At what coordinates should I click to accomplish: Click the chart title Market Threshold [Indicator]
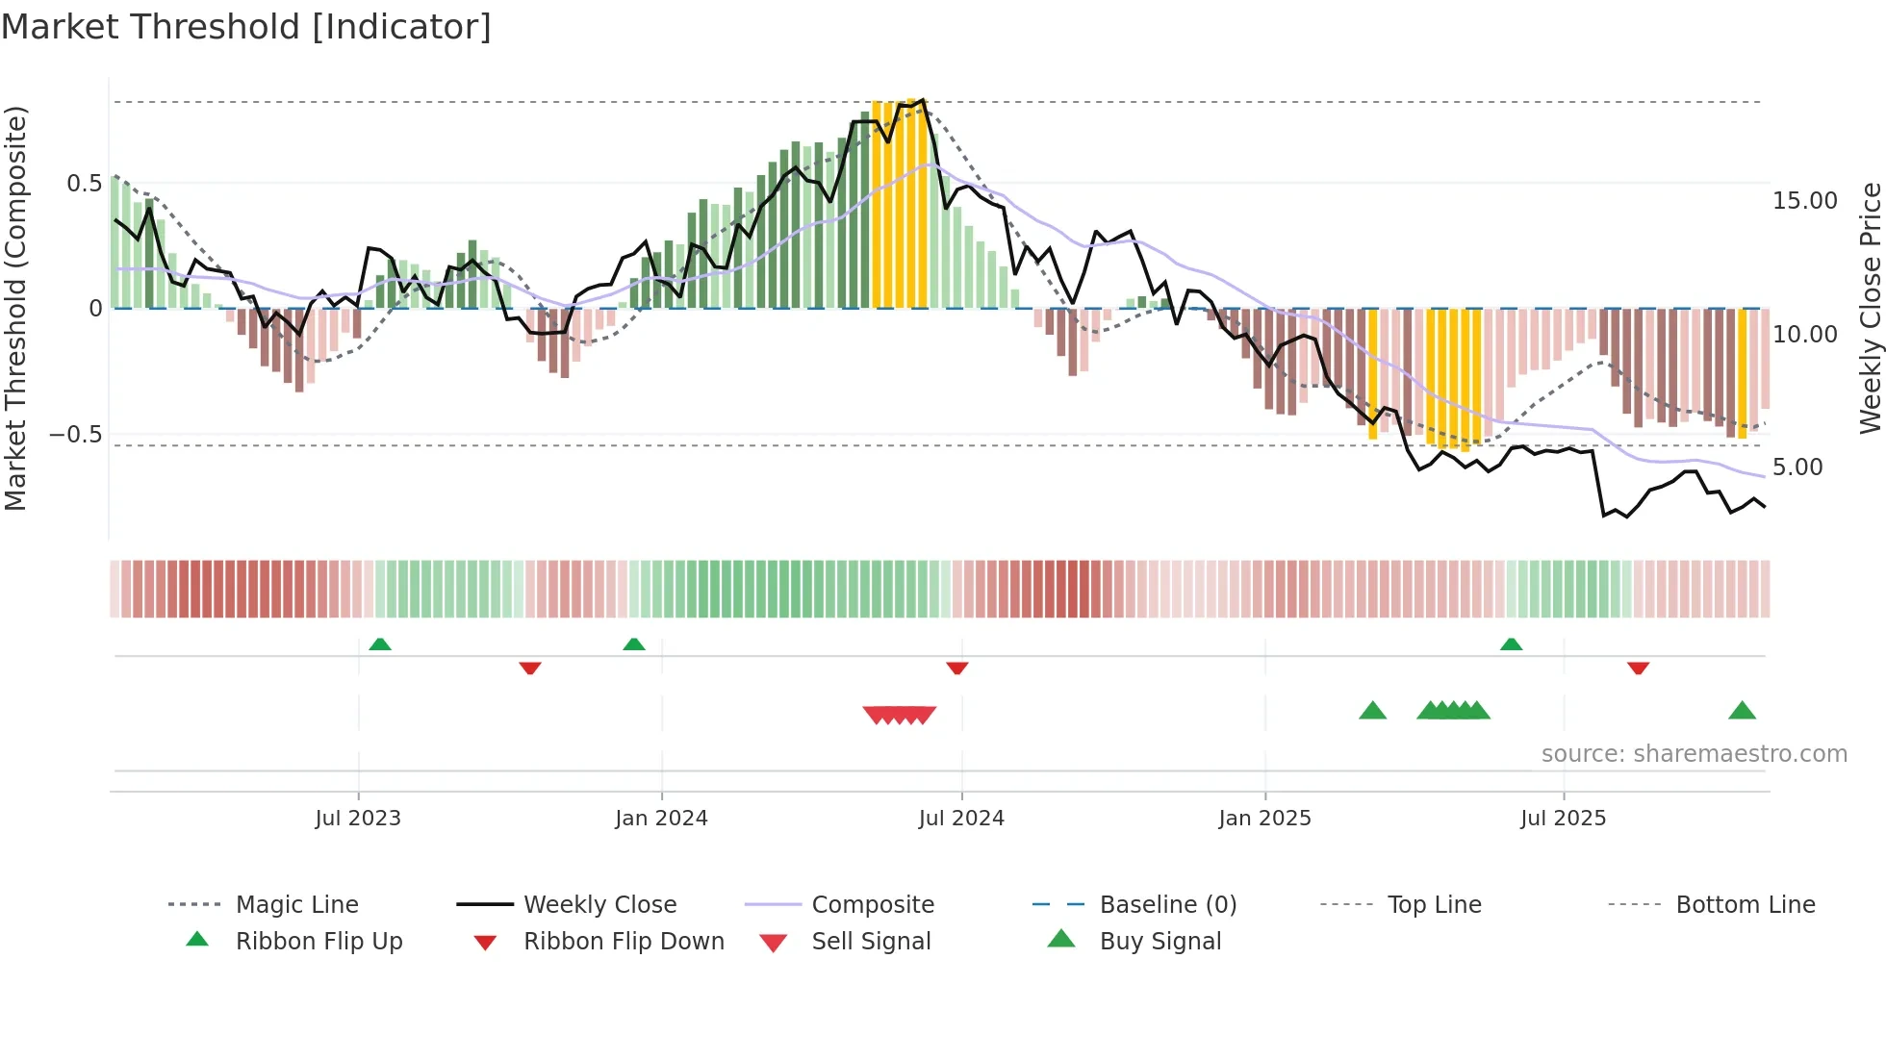pos(246,27)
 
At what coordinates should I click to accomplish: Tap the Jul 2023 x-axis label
pos(358,819)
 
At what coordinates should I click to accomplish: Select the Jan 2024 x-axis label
pos(661,819)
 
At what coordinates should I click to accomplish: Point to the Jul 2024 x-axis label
pos(961,819)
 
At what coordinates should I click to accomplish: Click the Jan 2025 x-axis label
pos(1264,819)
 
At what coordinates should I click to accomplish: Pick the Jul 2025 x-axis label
pos(1564,819)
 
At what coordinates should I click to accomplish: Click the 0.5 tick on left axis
pos(84,184)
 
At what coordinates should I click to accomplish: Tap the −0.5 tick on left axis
pos(76,435)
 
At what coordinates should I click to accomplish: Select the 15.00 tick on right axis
pos(1804,201)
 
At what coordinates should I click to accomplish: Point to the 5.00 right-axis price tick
pos(1797,467)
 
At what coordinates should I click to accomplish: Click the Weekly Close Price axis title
pos(1870,308)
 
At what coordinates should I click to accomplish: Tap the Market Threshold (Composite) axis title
pos(16,308)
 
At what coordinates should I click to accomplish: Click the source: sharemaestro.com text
pos(1694,754)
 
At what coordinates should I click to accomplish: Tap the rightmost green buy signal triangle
pos(1742,712)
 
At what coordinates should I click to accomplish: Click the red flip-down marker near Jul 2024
pos(956,668)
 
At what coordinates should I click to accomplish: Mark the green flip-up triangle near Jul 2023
pos(380,644)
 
